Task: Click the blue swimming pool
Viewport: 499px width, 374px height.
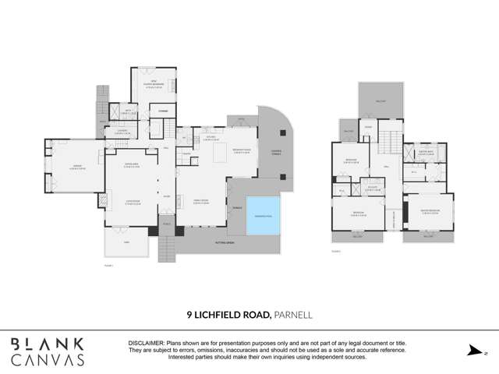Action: click(x=262, y=215)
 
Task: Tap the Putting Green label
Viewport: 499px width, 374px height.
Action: click(x=225, y=243)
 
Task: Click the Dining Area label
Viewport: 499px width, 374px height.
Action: click(x=126, y=164)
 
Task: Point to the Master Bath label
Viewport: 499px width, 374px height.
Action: click(x=425, y=153)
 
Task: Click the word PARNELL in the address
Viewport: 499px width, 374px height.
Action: click(x=294, y=315)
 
